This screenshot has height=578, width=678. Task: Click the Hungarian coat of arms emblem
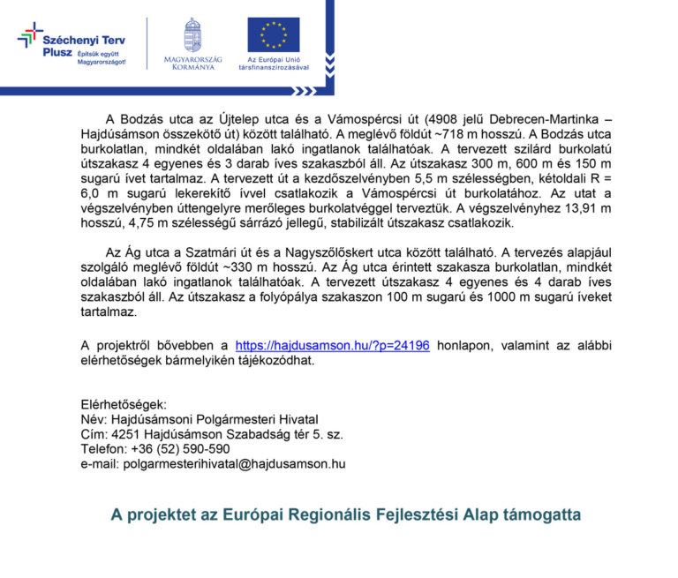click(x=192, y=35)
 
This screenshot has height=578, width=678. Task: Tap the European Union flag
click(x=273, y=34)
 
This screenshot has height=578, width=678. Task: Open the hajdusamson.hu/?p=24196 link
click(x=333, y=345)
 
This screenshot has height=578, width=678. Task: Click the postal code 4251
click(x=127, y=433)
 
